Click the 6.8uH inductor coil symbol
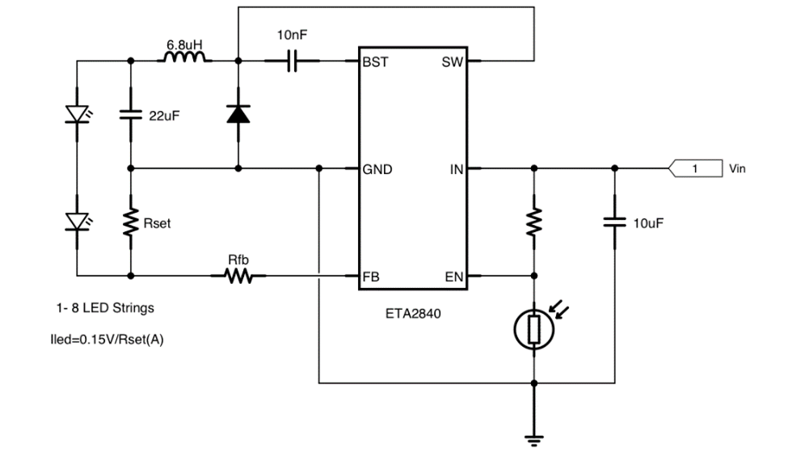185,57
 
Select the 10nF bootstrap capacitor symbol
292,61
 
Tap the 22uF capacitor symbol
130,115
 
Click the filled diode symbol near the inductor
238,114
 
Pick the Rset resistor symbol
130,222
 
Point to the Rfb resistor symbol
238,276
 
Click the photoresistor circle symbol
534,330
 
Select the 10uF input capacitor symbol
615,222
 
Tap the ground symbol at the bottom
534,440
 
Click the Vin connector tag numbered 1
695,168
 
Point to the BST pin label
375,61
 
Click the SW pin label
452,61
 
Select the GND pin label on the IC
377,169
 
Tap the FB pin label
370,277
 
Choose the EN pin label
453,277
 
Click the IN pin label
457,169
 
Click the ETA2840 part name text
413,314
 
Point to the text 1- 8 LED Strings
105,308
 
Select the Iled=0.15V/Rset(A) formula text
107,339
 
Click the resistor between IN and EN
534,222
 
